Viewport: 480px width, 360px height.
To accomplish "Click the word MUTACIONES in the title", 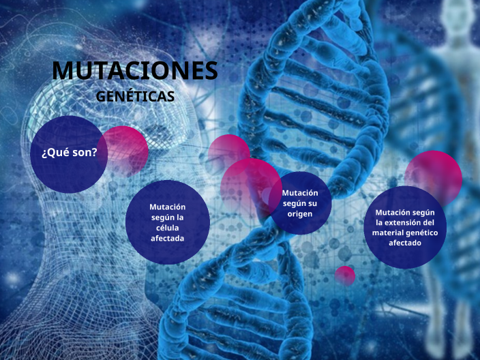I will [x=135, y=70].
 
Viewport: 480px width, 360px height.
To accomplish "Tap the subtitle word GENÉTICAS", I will [x=135, y=96].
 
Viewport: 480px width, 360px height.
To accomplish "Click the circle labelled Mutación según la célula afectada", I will [x=167, y=222].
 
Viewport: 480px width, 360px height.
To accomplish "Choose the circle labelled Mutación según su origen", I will [x=300, y=203].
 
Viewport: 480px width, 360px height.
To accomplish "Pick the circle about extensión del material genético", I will [x=405, y=227].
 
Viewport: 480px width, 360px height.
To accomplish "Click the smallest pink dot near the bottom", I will [x=345, y=275].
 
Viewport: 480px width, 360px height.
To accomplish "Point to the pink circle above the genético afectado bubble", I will [x=434, y=175].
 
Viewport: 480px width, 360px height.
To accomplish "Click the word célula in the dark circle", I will [x=167, y=228].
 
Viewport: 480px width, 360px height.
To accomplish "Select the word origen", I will [x=300, y=214].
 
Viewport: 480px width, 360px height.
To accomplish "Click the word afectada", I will [x=167, y=238].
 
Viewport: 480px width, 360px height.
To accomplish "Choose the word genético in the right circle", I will [x=422, y=232].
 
